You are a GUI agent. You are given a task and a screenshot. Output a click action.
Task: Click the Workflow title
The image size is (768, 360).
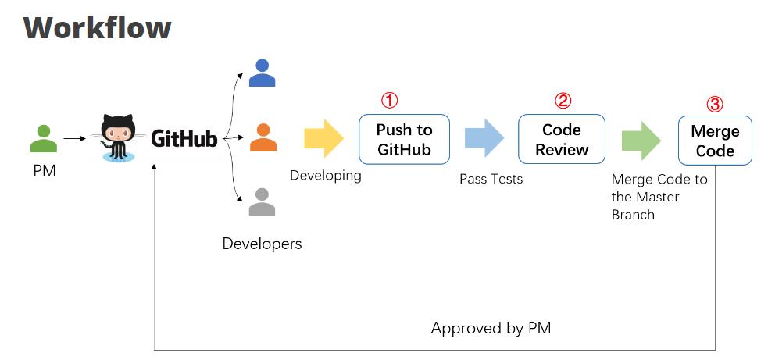pos(97,27)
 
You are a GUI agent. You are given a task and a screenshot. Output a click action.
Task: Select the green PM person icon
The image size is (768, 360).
pos(44,139)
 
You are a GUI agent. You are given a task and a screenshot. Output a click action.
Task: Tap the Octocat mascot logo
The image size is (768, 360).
pos(117,137)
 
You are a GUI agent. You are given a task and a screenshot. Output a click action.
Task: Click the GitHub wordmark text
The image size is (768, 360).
pos(184,139)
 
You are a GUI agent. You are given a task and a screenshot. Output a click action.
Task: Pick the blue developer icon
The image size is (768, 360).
pos(262,73)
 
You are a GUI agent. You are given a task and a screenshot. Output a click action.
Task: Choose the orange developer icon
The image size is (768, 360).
pos(263,137)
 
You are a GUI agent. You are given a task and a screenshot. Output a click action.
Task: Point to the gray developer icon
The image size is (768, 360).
pos(262,201)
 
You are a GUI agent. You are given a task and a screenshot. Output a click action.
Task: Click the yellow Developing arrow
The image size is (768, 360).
pos(323,137)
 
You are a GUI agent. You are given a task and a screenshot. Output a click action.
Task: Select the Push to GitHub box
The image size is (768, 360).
pos(404,139)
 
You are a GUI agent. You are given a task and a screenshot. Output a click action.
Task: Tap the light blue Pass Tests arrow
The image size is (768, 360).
pos(484,137)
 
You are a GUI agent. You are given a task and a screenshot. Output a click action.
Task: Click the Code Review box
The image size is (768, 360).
pos(562,139)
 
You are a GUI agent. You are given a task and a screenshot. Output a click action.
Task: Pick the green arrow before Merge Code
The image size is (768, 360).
pos(641,141)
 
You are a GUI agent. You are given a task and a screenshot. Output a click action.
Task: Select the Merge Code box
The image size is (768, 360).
pos(715,141)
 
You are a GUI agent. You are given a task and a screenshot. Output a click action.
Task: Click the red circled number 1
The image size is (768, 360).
pos(389,101)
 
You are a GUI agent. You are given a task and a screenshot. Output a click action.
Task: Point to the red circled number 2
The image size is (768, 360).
pos(563,101)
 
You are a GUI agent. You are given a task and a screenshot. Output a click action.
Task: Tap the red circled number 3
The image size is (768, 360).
pos(715,105)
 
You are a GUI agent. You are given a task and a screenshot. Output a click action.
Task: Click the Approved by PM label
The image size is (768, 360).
pos(491,328)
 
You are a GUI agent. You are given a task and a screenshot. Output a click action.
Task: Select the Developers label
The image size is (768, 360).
pos(262,244)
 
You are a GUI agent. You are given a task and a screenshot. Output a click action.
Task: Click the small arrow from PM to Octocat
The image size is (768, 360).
pos(74,139)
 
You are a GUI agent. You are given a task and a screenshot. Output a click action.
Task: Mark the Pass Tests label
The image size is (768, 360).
pos(491,180)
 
